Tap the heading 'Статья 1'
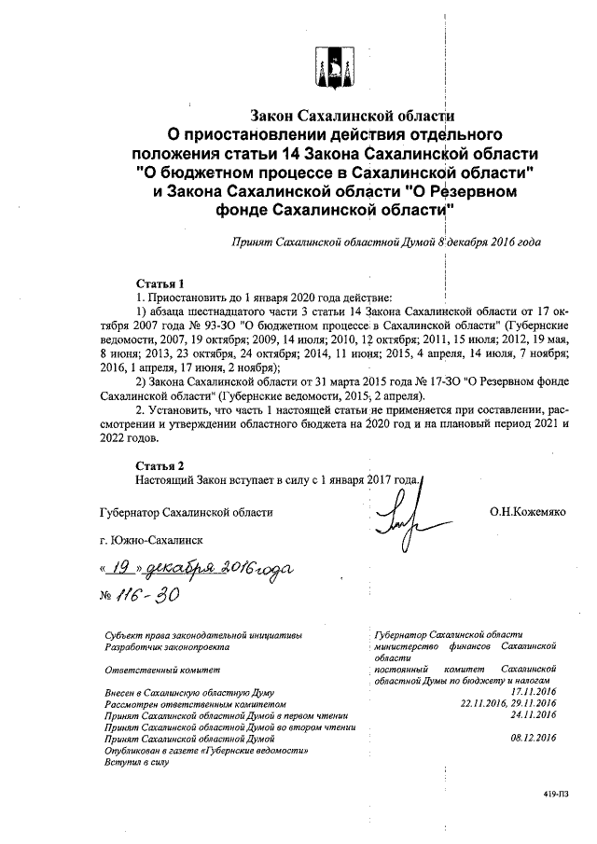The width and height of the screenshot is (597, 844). click(154, 283)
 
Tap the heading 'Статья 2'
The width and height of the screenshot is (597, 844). click(154, 464)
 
